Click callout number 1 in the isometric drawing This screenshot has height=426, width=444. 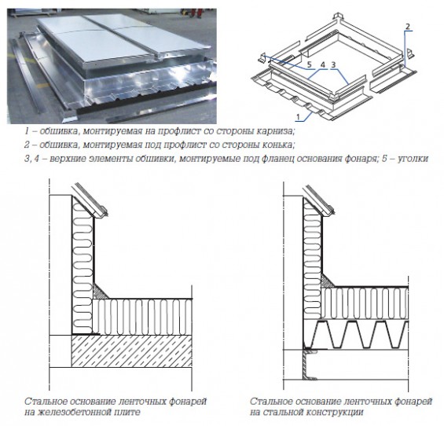tap(298, 116)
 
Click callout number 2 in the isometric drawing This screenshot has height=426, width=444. tap(408, 27)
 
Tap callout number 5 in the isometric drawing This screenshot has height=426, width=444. tap(310, 65)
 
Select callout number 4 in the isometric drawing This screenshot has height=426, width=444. tap(323, 65)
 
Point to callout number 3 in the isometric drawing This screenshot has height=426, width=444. tap(333, 65)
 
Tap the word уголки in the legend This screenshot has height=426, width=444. tap(413, 159)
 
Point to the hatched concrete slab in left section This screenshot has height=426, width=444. tap(132, 351)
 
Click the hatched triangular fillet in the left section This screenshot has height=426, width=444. tap(100, 292)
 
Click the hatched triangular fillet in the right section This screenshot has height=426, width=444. tap(327, 281)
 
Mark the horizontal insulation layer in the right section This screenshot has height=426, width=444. tap(365, 303)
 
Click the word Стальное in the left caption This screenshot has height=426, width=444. tap(46, 402)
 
